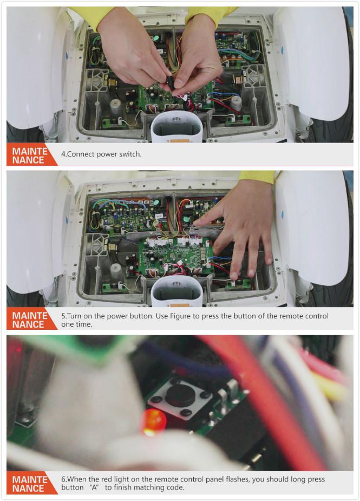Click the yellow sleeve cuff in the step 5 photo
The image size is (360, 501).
pyautogui.click(x=257, y=177)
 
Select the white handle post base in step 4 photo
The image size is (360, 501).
pyautogui.click(x=176, y=127)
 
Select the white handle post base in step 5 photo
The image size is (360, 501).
pyautogui.click(x=176, y=291)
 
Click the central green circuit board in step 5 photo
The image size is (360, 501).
pyautogui.click(x=176, y=256)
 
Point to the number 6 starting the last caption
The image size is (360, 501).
pyautogui.click(x=63, y=479)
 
